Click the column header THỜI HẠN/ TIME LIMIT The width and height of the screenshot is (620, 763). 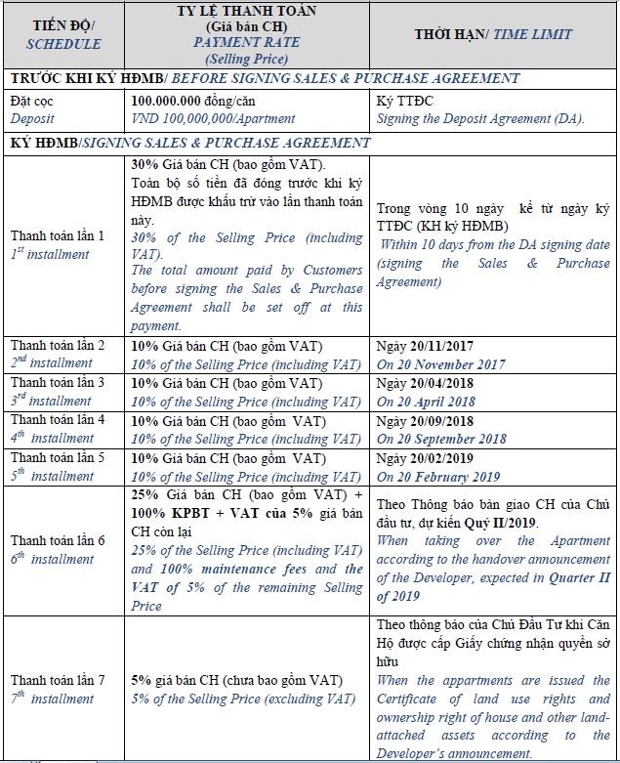pos(492,34)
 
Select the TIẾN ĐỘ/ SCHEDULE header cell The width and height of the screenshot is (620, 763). pos(64,34)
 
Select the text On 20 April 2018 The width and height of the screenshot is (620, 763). pos(425,402)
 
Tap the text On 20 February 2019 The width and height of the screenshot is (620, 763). pos(437,477)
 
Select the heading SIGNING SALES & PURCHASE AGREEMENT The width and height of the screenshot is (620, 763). pos(226,143)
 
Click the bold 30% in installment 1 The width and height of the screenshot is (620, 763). pos(144,163)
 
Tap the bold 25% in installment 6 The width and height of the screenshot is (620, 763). pos(144,494)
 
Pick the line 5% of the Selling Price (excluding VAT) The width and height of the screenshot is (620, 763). pos(243,699)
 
